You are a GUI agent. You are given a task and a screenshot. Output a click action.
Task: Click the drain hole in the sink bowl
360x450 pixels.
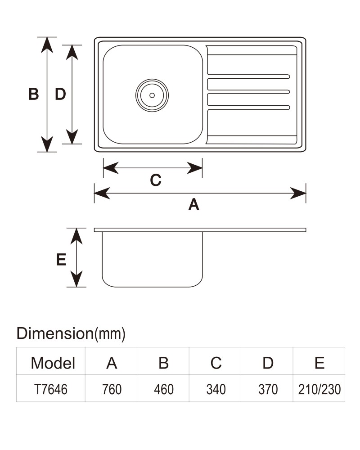[152, 95]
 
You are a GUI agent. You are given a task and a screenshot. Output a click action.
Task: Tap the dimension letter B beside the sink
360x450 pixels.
[34, 94]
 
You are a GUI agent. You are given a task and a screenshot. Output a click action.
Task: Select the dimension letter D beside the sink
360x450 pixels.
[60, 94]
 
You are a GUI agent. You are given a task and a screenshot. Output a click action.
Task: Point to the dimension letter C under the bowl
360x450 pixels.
[156, 180]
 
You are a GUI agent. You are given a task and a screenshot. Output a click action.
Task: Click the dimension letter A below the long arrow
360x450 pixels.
[194, 205]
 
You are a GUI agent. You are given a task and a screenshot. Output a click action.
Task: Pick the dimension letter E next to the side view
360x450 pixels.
[61, 260]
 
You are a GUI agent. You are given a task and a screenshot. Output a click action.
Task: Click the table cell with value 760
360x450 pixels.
[112, 389]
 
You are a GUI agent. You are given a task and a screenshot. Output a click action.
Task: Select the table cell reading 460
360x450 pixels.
[164, 389]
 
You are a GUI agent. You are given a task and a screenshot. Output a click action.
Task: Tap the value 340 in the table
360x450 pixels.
[216, 389]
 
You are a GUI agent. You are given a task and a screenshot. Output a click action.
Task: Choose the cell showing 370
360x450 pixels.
[268, 389]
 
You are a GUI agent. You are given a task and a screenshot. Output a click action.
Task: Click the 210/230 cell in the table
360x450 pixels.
[319, 389]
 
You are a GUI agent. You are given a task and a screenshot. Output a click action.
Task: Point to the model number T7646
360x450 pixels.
[51, 389]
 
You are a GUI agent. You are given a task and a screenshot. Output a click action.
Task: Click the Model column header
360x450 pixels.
[53, 363]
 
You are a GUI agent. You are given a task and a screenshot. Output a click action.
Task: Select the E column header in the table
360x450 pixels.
[319, 363]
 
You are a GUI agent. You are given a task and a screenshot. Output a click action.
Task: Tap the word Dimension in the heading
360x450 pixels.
[55, 333]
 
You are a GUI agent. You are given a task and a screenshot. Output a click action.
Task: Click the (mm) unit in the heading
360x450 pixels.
[110, 334]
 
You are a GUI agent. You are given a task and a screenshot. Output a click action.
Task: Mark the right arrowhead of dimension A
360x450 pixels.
[298, 193]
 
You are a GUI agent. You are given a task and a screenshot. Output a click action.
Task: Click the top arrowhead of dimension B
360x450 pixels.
[47, 45]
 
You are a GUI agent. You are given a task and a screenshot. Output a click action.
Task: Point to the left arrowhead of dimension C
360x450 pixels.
[111, 168]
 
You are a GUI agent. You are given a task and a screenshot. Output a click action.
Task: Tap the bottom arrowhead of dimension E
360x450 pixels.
[76, 279]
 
